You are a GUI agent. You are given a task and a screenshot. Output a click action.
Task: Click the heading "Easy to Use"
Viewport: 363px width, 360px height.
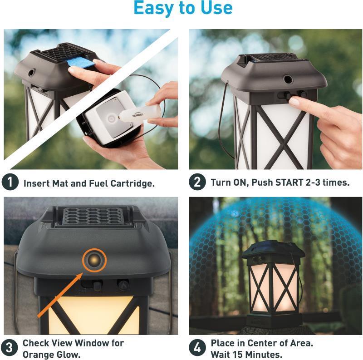click(x=183, y=9)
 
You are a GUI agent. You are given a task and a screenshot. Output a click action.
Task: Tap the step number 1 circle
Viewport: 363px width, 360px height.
click(x=10, y=182)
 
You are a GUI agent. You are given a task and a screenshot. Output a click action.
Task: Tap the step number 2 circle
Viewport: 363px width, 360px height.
click(x=197, y=182)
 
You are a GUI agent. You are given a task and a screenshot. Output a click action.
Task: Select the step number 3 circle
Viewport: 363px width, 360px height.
click(x=10, y=348)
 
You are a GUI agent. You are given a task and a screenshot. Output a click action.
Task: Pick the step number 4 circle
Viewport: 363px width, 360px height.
click(x=197, y=348)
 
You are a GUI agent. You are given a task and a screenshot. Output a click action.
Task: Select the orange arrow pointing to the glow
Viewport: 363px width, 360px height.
click(x=59, y=293)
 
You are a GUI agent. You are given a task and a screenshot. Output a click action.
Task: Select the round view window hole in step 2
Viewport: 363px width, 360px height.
click(x=288, y=79)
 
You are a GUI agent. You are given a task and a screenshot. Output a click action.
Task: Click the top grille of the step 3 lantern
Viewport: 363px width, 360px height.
click(x=93, y=216)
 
